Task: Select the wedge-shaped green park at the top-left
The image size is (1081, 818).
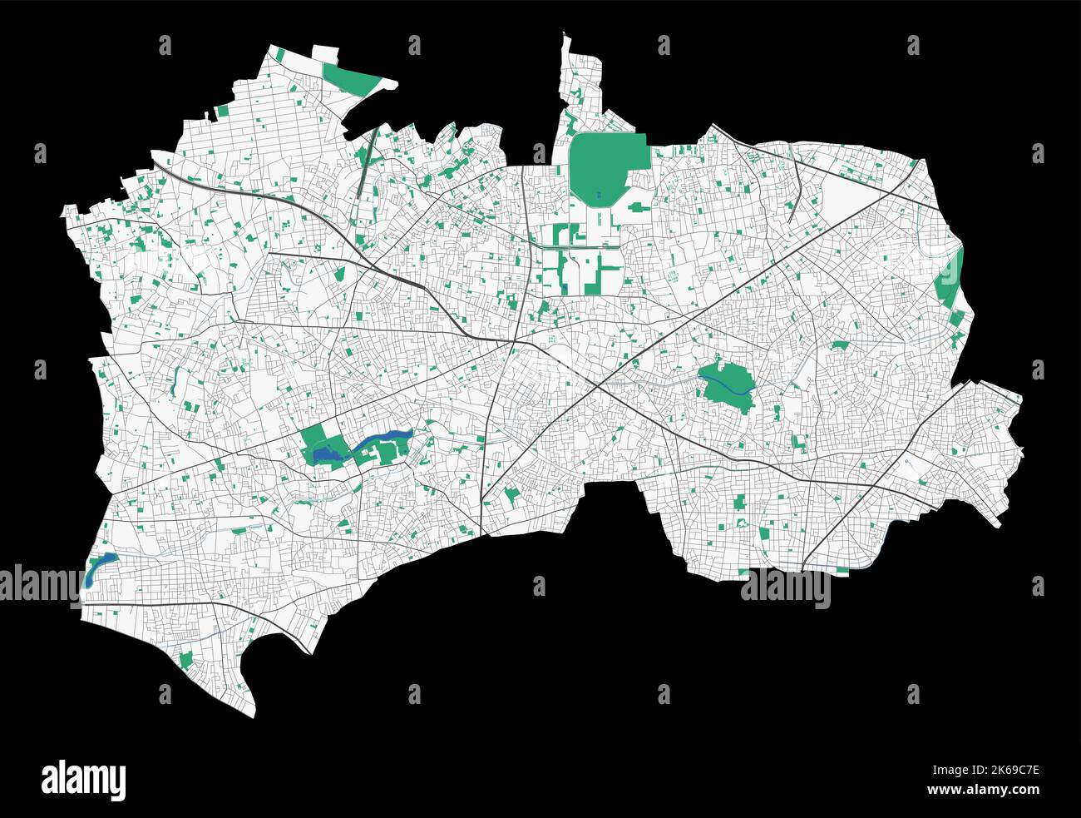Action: (353, 79)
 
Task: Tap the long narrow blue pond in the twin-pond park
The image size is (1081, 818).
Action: (383, 440)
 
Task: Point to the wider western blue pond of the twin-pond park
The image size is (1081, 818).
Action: (328, 454)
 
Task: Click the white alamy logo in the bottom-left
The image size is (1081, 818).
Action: (83, 780)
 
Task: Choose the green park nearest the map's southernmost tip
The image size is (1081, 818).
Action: (185, 661)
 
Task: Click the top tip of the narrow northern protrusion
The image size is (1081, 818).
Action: (565, 34)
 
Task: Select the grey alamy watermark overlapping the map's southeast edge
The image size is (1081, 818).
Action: (785, 587)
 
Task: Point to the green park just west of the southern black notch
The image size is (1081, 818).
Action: (510, 497)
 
